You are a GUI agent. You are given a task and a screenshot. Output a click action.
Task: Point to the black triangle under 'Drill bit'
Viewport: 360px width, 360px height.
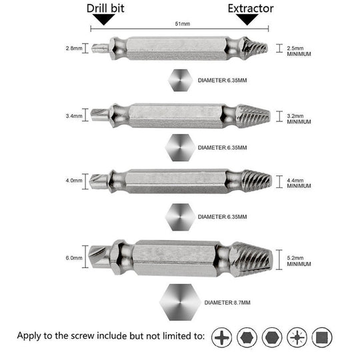103,21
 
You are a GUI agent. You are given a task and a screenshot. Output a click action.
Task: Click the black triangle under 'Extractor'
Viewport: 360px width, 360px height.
249,21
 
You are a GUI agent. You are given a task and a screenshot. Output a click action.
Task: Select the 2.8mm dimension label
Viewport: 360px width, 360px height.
73,48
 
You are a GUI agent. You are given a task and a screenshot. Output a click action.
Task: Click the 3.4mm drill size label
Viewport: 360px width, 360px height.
73,115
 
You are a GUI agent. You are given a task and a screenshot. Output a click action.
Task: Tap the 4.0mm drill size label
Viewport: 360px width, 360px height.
73,180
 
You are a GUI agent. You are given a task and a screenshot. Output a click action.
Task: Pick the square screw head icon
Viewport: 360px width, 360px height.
323,337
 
